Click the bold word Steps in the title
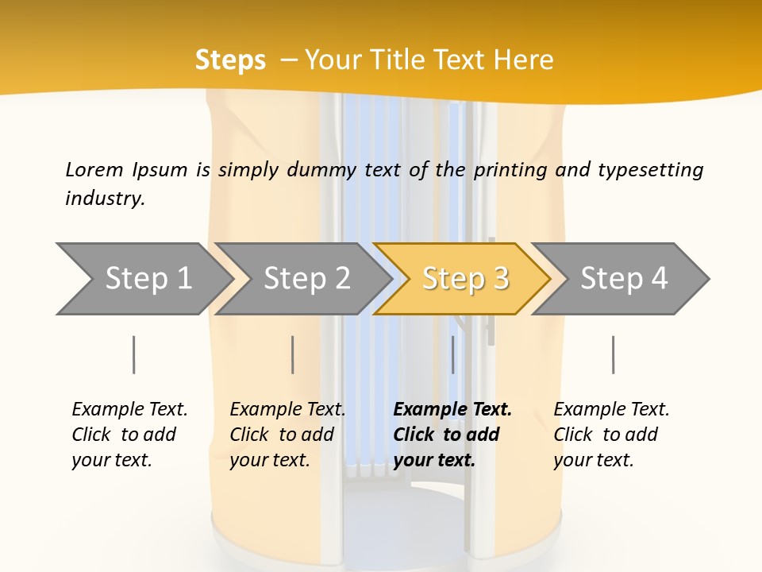coord(230,60)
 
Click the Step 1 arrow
coord(143,278)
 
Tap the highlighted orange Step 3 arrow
coord(465,278)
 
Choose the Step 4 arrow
coord(624,278)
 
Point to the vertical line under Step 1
coord(134,354)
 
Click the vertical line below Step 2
coord(293,354)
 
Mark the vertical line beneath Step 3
coord(452,354)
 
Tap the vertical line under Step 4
coord(613,354)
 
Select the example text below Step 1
coord(129,435)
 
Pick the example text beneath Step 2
coord(287,435)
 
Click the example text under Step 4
coord(610,435)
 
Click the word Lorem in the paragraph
coord(94,170)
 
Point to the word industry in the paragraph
coord(104,199)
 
